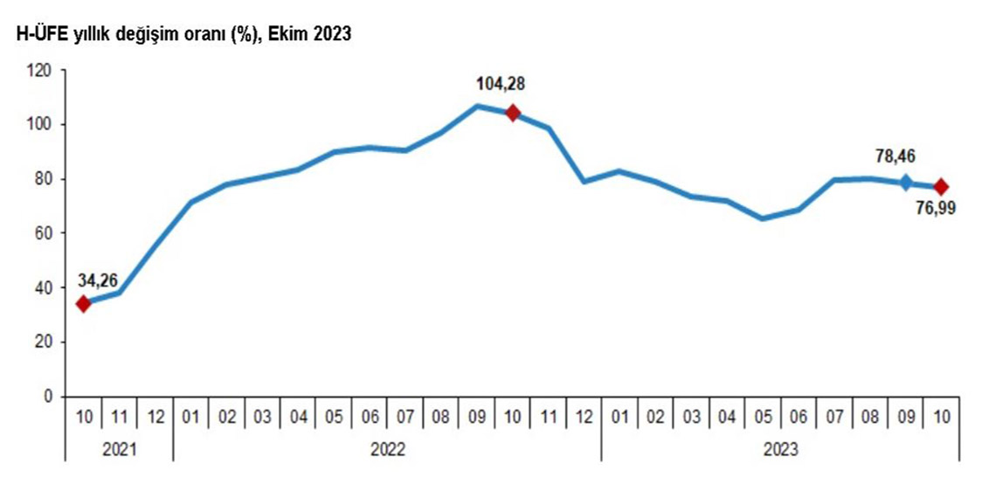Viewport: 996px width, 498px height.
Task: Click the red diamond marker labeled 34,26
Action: (x=84, y=303)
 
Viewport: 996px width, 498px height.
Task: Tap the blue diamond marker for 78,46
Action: (x=906, y=183)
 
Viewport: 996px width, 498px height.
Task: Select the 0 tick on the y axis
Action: (x=48, y=397)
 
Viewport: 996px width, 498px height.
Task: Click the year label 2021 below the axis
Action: (x=119, y=449)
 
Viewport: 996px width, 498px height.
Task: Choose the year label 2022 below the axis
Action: (x=387, y=449)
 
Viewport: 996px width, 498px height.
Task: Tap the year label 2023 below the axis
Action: (x=780, y=449)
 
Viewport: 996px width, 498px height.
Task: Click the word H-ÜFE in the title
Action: (x=32, y=34)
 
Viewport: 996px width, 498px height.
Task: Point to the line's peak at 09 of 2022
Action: (x=477, y=106)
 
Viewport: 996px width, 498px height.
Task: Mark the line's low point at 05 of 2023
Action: (x=763, y=218)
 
